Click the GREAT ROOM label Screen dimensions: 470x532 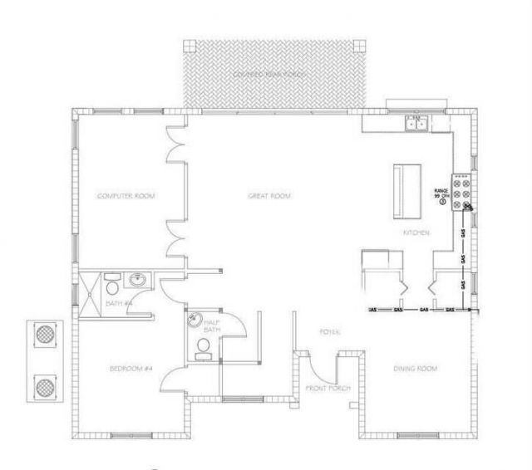click(x=269, y=196)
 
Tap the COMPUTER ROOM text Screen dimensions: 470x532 click(x=127, y=196)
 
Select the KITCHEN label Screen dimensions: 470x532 click(x=416, y=233)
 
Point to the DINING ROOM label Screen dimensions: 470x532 click(x=416, y=368)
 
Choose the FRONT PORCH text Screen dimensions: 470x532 click(x=327, y=389)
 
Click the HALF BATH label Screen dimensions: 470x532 click(x=212, y=328)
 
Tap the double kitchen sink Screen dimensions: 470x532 click(x=416, y=125)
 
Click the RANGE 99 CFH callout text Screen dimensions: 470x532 click(x=441, y=195)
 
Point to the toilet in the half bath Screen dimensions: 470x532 click(x=201, y=348)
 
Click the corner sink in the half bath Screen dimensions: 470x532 click(x=194, y=320)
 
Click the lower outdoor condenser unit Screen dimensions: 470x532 click(x=44, y=386)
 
